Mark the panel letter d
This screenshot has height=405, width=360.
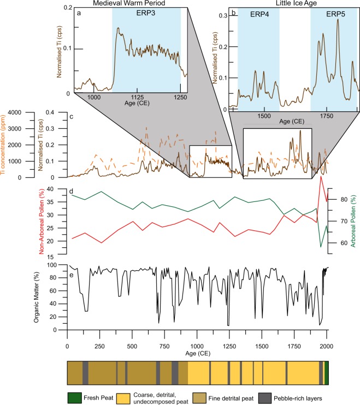pos(72,191)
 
